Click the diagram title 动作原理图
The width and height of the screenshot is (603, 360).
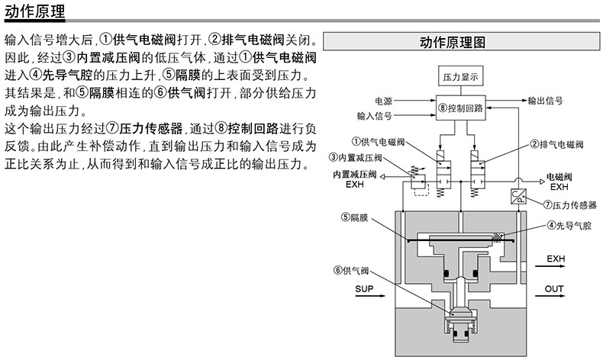[453, 41]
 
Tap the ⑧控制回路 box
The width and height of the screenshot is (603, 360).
[461, 108]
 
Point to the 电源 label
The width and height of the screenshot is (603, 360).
[383, 101]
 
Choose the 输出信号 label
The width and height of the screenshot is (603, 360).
[546, 101]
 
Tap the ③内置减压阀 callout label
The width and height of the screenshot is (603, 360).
[356, 157]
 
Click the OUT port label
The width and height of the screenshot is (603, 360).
[554, 290]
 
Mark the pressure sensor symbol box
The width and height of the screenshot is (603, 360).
[516, 199]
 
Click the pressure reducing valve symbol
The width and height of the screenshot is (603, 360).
[420, 182]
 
